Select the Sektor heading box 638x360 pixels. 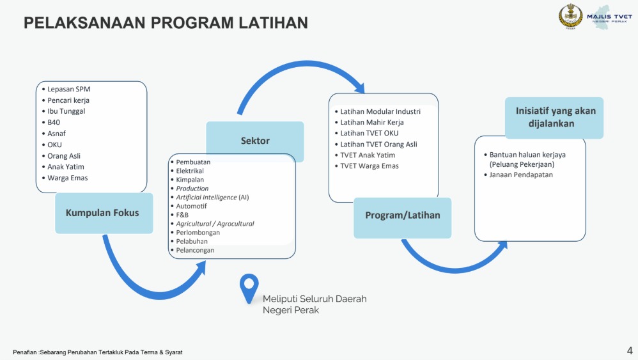[254, 141]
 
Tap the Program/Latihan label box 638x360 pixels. [402, 215]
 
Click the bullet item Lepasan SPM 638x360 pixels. [69, 90]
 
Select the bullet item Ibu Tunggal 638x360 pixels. [66, 111]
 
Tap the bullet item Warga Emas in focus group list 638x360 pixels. [68, 178]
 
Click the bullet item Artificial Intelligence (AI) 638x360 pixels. [212, 198]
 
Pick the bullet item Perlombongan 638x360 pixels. [198, 233]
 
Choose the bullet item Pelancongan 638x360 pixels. [195, 250]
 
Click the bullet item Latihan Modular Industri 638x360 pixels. [380, 111]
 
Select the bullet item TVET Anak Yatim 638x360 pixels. [368, 155]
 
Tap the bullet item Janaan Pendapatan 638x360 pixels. [521, 175]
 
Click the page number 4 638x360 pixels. [629, 350]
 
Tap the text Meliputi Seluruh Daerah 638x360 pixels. [315, 299]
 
